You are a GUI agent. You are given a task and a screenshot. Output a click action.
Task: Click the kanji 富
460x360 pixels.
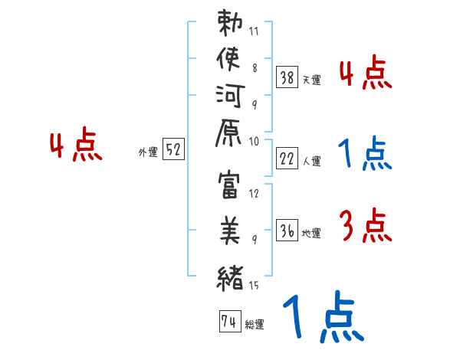click(230, 190)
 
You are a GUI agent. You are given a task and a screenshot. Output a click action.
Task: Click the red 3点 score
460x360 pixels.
click(365, 227)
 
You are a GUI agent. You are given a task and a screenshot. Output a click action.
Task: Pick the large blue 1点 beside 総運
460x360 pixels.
click(323, 318)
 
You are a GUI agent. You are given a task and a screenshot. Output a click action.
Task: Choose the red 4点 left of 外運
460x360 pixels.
click(76, 146)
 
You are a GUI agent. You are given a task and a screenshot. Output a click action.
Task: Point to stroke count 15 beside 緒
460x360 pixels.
click(255, 287)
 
